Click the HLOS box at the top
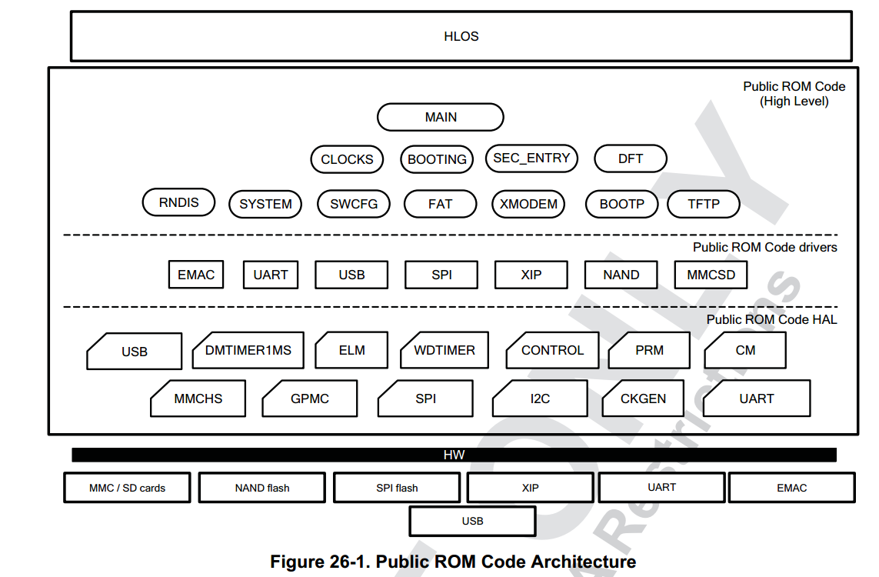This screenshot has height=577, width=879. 461,36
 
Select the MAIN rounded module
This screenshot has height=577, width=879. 441,117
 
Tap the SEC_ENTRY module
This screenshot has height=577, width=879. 531,158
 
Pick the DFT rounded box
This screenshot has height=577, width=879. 631,158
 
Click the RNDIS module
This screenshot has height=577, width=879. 179,202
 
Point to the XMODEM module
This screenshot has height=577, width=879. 528,204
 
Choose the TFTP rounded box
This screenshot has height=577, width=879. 704,204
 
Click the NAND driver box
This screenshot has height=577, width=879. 621,275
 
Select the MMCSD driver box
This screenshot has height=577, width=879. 711,275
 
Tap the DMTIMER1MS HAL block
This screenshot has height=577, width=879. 248,351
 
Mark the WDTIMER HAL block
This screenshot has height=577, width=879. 444,351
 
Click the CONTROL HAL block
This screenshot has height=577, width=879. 552,351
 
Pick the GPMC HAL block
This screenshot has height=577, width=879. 309,399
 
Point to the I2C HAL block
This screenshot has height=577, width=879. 540,399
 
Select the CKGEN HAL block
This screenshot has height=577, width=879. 643,399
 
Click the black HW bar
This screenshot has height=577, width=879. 454,455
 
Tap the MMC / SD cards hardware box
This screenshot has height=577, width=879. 127,488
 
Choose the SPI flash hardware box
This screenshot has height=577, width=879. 397,488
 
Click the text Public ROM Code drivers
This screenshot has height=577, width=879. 764,247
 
